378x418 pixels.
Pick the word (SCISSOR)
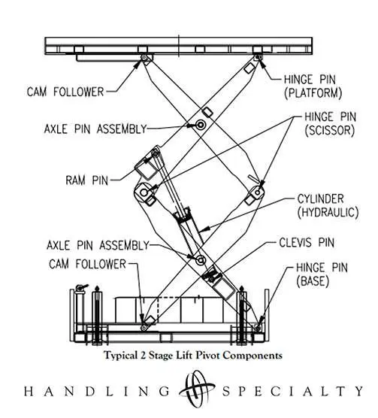pyautogui.click(x=316, y=130)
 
